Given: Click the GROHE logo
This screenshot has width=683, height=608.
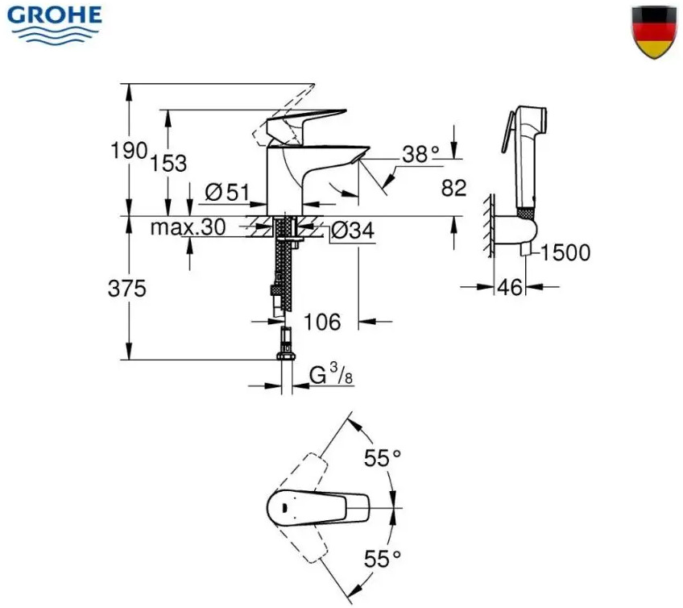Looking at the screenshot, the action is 55,24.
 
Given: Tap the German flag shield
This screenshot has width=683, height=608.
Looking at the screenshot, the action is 654,31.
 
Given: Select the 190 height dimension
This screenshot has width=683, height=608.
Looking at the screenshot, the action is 130,151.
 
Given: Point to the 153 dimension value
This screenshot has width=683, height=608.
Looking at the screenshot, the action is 168,164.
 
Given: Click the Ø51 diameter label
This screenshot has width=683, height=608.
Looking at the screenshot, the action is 227,193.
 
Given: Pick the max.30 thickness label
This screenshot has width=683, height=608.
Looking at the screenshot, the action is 188,227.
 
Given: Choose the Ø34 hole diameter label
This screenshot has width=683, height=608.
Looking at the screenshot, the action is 353,231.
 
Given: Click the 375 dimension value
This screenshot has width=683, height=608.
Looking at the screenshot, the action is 127,289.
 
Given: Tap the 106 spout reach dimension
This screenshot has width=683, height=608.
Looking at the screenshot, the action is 322,323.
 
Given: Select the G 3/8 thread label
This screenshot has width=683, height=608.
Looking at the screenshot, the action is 331,375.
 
